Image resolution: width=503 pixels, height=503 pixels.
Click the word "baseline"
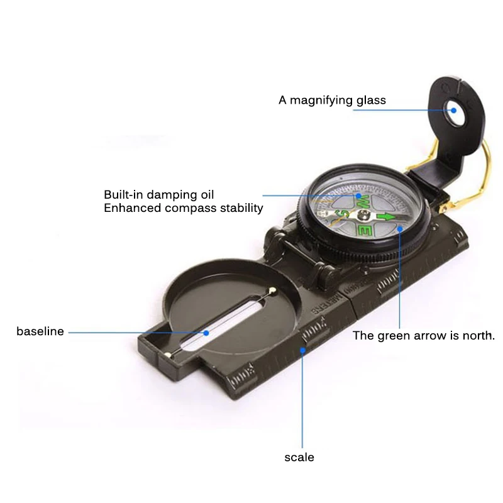click(x=40, y=331)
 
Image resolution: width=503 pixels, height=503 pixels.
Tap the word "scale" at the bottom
click(x=299, y=457)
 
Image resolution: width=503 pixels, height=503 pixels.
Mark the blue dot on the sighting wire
click(x=205, y=331)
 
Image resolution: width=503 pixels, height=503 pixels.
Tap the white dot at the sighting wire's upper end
click(x=272, y=290)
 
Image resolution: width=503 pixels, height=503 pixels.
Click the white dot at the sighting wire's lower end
click(x=167, y=355)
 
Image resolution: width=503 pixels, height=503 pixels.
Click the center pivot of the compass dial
click(x=365, y=214)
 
